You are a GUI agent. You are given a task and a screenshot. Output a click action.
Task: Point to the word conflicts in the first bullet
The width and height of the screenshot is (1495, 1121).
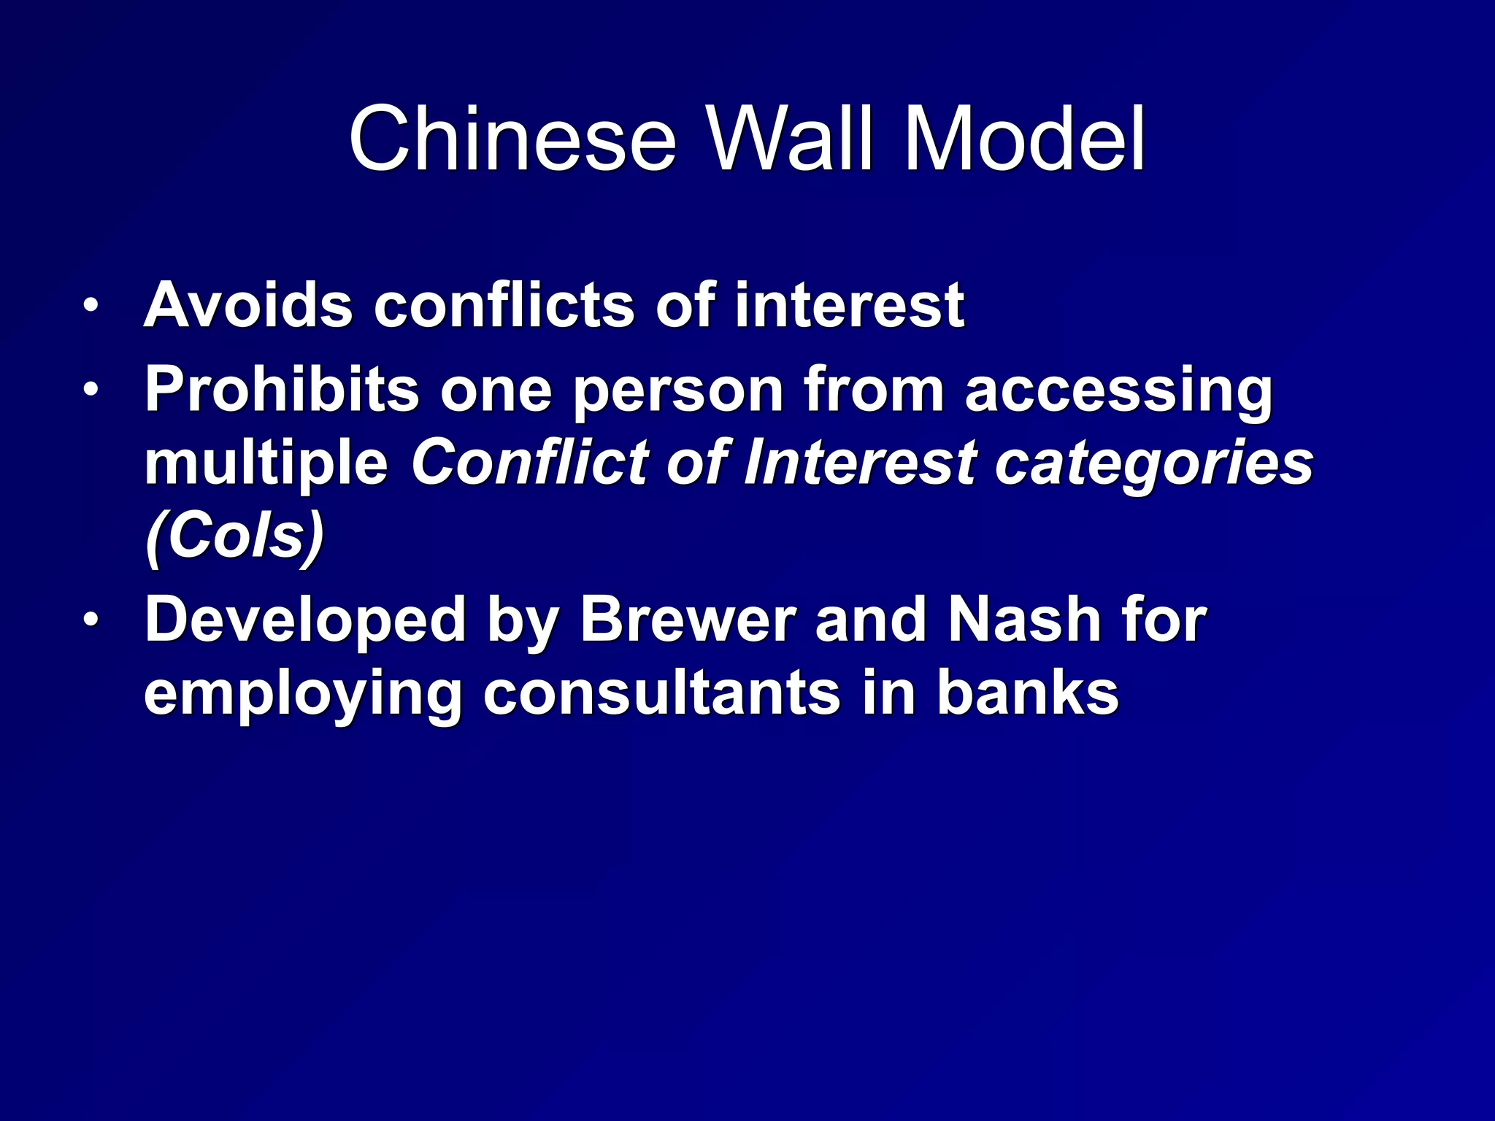[504, 305]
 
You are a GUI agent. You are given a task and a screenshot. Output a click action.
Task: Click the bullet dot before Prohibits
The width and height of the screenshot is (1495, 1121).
[90, 390]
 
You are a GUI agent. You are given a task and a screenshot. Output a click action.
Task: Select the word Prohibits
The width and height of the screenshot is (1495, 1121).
[282, 390]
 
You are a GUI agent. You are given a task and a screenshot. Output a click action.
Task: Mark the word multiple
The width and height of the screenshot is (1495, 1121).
[266, 464]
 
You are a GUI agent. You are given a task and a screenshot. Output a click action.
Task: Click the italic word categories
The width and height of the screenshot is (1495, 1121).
[1154, 464]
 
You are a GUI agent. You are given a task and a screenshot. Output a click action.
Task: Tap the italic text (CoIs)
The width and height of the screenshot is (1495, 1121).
[234, 537]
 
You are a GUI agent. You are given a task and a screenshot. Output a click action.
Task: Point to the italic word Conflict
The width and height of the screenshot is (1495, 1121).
[529, 463]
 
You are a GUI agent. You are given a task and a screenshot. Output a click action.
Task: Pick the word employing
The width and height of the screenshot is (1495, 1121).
[303, 694]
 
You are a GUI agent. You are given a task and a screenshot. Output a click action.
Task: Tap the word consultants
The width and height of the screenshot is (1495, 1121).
[661, 693]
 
